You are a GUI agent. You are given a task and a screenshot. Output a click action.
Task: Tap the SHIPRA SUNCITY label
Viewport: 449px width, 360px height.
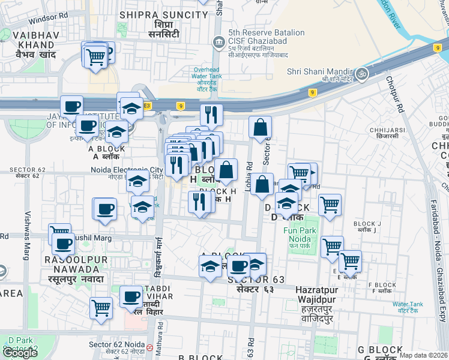pyautogui.click(x=157, y=14)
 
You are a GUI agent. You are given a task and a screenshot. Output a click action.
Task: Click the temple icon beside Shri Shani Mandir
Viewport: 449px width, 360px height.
pyautogui.click(x=361, y=74)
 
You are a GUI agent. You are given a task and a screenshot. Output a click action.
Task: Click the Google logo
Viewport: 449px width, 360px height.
pyautogui.click(x=20, y=353)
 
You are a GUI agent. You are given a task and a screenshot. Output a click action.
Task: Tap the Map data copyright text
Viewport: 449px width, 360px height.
pyautogui.click(x=424, y=355)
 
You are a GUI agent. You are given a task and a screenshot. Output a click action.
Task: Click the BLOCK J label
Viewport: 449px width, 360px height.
pyautogui.click(x=367, y=223)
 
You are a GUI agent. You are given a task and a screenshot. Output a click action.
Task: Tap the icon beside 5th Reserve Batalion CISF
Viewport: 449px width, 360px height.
pyautogui.click(x=218, y=41)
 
